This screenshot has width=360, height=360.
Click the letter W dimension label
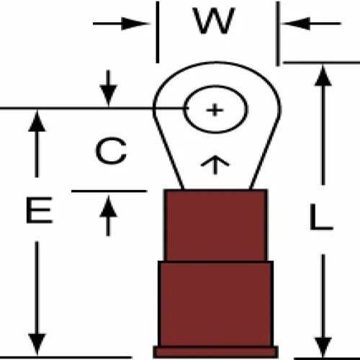pos(215,21)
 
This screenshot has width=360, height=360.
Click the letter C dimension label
pos(111,151)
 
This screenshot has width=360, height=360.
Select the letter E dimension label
pos(39,210)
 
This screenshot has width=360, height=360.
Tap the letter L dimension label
pos(321,217)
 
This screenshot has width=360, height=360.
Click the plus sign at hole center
pos(215,110)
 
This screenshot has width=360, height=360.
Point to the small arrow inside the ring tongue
pos(215,164)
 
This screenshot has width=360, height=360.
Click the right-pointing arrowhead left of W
pos(135,24)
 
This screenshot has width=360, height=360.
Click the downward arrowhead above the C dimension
pos(109,96)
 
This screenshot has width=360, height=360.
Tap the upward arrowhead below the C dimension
pos(108,207)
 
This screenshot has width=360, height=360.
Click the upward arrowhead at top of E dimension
pos(37,121)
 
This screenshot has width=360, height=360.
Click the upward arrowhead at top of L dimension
pos(323,75)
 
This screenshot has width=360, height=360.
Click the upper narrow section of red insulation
pos(215,225)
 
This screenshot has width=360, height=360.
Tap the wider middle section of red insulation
pos(215,304)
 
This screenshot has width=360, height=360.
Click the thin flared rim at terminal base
pos(215,352)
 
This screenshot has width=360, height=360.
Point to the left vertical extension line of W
pos(158,32)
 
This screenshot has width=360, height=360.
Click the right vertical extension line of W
pos(278,33)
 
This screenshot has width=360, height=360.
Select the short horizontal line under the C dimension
pos(109,192)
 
